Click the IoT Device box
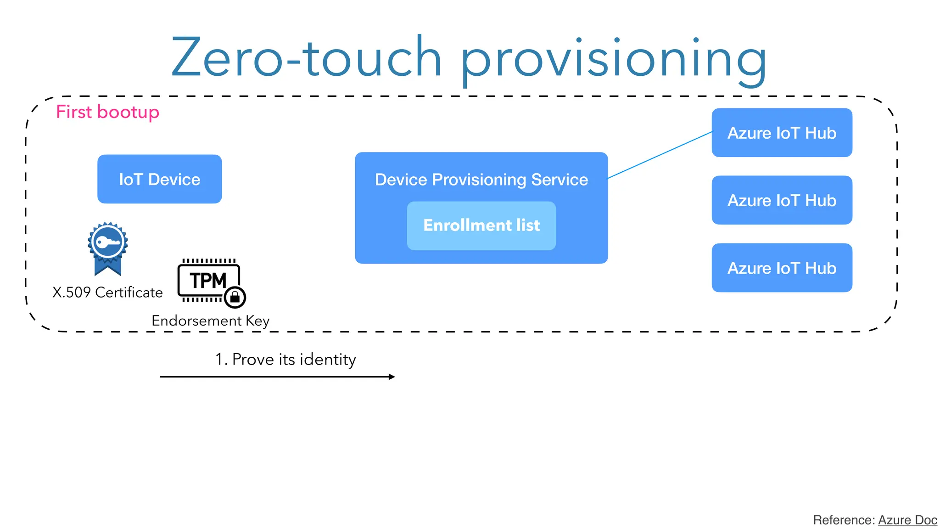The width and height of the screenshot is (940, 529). pyautogui.click(x=159, y=179)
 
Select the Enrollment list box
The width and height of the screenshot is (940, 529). pyautogui.click(x=481, y=225)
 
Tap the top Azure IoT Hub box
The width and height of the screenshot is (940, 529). pyautogui.click(x=782, y=133)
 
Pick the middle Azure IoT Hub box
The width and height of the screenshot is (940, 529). pyautogui.click(x=782, y=200)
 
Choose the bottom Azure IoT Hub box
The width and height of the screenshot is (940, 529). pyautogui.click(x=782, y=268)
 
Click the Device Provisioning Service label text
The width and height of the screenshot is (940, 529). pyautogui.click(x=481, y=180)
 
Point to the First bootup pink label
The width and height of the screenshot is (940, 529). pyautogui.click(x=107, y=112)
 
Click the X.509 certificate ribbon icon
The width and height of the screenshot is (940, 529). pyautogui.click(x=107, y=248)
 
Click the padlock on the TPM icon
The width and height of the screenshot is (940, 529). pyautogui.click(x=235, y=297)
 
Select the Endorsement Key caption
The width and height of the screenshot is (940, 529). pyautogui.click(x=210, y=321)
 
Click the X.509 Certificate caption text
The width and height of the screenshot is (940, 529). pyautogui.click(x=107, y=293)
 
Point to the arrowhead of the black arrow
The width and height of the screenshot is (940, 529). pyautogui.click(x=392, y=377)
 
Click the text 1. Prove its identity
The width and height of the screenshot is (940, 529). pyautogui.click(x=285, y=359)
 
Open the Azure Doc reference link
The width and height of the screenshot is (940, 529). pyautogui.click(x=907, y=520)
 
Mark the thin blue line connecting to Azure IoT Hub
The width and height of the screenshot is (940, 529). pyautogui.click(x=660, y=155)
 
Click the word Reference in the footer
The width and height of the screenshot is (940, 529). pyautogui.click(x=843, y=520)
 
